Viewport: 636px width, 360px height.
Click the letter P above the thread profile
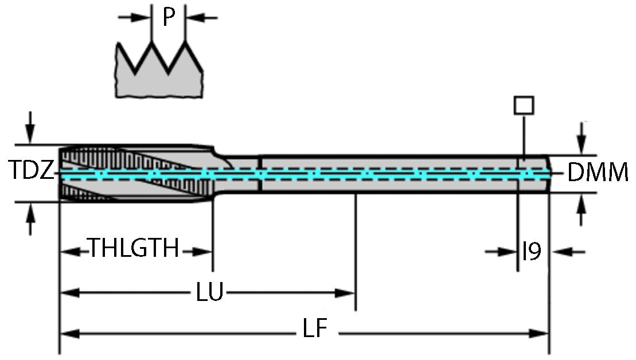click(167, 17)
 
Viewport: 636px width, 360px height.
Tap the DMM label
click(598, 172)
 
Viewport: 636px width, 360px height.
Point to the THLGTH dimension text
click(133, 250)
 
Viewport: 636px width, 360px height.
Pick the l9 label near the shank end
click(532, 251)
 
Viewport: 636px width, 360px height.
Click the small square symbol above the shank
click(524, 105)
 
